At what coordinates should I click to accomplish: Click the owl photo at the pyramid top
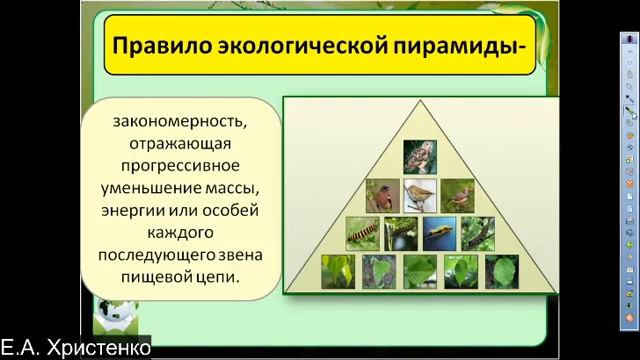coord(418,156)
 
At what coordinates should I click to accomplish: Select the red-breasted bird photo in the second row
coord(380,195)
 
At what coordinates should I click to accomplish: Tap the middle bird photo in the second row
coord(419,195)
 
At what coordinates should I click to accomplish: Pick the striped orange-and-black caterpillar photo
coord(362,234)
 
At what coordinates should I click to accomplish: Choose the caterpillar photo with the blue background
coord(439,234)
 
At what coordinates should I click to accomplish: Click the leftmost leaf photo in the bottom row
coord(338,271)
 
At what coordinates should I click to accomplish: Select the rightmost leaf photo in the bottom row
coord(501,271)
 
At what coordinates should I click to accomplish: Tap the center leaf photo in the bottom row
coord(420,271)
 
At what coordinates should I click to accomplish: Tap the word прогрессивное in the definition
coord(177,164)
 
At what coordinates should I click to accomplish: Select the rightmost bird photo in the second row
coord(457,195)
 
